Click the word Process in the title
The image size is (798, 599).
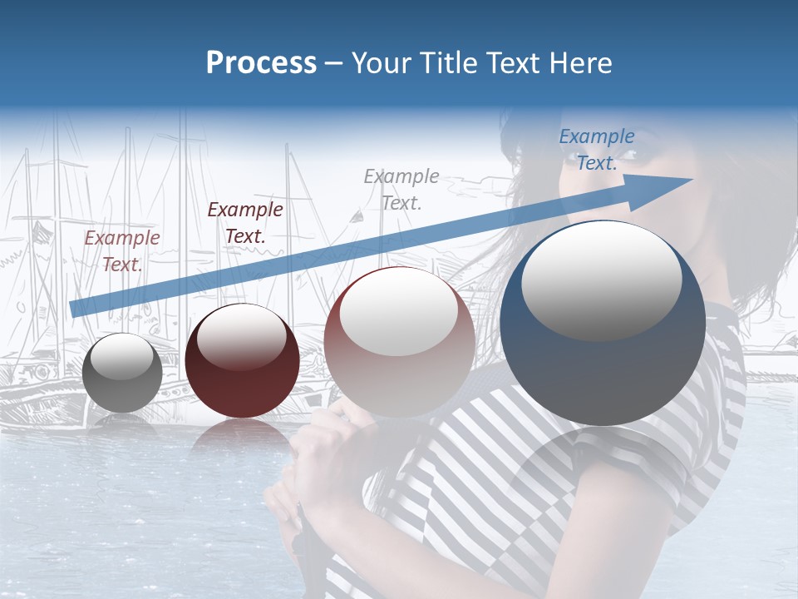tap(261, 63)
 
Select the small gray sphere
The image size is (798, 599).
tap(122, 373)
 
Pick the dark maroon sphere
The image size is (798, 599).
tap(242, 360)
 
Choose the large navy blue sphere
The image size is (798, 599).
tap(603, 323)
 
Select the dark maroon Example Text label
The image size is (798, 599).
tap(245, 222)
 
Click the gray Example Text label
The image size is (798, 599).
tap(401, 189)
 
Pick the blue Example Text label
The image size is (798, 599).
tap(597, 150)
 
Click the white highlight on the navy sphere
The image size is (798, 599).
tap(601, 279)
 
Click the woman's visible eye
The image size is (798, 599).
tap(625, 156)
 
